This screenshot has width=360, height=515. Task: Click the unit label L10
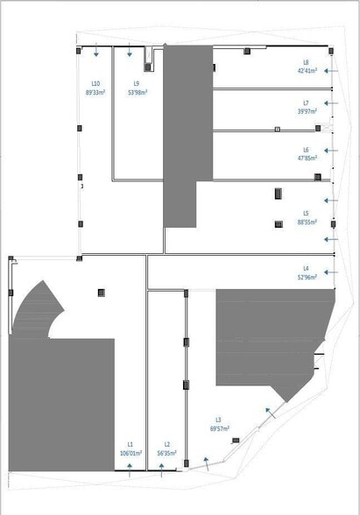[x=94, y=83]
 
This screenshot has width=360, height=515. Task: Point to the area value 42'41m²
[x=306, y=70]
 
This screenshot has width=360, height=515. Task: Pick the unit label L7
[x=306, y=103]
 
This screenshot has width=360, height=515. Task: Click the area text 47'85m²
[x=306, y=159]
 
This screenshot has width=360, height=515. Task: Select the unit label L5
[x=306, y=213]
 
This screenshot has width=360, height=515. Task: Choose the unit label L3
[x=218, y=420]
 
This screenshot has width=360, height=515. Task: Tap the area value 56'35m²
[x=166, y=454]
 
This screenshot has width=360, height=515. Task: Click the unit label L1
[x=130, y=445]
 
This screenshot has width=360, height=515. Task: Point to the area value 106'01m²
[x=131, y=454]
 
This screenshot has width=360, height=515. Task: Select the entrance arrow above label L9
[x=129, y=49]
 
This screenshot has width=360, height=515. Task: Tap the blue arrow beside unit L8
[x=330, y=70]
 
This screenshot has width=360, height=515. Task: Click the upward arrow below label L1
[x=130, y=468]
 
